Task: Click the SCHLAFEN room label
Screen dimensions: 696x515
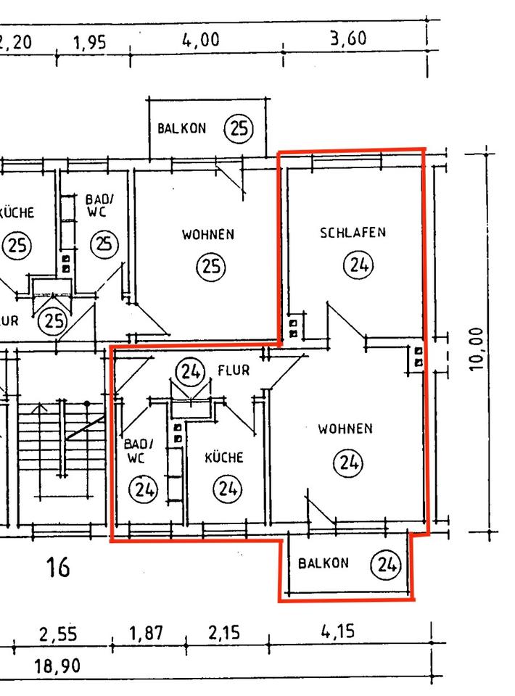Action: (x=353, y=233)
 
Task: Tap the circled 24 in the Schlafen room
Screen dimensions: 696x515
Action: (x=357, y=265)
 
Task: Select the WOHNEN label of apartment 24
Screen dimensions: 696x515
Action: (x=345, y=428)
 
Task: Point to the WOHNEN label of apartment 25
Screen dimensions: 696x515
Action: (x=208, y=234)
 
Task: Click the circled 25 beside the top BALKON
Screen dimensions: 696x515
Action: (x=239, y=129)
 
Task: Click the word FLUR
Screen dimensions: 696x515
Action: (x=234, y=370)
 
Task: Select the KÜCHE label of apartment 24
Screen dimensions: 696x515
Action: (x=223, y=458)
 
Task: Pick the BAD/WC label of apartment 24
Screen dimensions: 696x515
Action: (x=139, y=451)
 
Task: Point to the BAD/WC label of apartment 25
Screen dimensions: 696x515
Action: (x=99, y=205)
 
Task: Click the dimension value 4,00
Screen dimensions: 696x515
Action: (x=200, y=41)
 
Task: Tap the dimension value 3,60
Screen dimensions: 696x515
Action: (x=348, y=38)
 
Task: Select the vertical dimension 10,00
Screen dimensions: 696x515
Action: (x=477, y=348)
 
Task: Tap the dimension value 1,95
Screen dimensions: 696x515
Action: (x=89, y=43)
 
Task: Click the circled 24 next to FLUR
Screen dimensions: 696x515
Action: (x=191, y=372)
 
